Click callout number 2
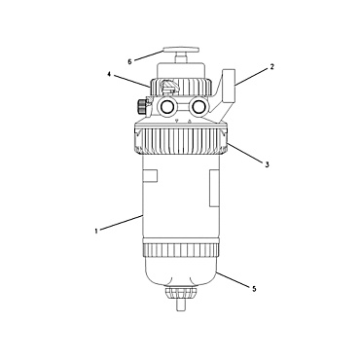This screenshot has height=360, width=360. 271,68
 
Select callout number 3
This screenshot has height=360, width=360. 266,165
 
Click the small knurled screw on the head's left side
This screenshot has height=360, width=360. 144,104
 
